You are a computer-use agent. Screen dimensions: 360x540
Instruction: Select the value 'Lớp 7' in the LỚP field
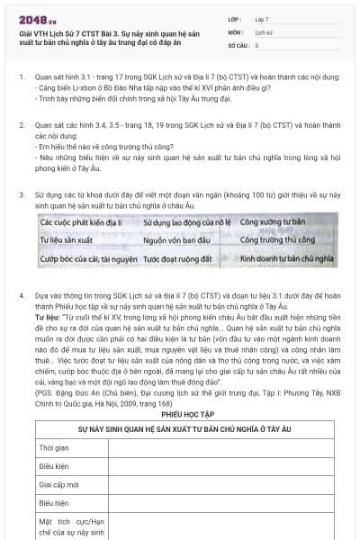(x=263, y=18)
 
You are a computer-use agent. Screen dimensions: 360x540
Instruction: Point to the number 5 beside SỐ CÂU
(x=257, y=44)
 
